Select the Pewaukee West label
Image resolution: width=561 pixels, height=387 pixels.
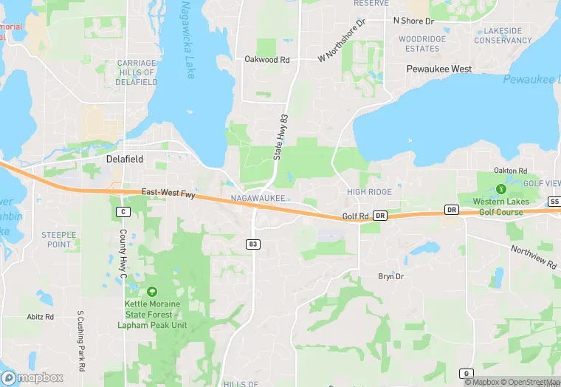439,69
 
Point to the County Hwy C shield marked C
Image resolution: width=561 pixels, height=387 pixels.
123,212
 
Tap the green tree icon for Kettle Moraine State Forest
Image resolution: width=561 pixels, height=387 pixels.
152,292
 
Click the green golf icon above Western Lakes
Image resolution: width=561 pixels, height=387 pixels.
501,189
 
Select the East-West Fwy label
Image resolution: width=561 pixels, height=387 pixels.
168,194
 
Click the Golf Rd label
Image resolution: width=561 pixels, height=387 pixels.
355,216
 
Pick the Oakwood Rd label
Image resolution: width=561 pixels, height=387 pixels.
266,60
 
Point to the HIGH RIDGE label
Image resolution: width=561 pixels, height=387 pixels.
370,192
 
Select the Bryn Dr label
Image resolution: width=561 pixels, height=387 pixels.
390,277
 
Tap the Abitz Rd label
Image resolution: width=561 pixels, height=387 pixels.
41,317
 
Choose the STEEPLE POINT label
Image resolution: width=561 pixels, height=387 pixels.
58,240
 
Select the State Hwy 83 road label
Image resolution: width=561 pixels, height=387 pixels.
280,138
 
